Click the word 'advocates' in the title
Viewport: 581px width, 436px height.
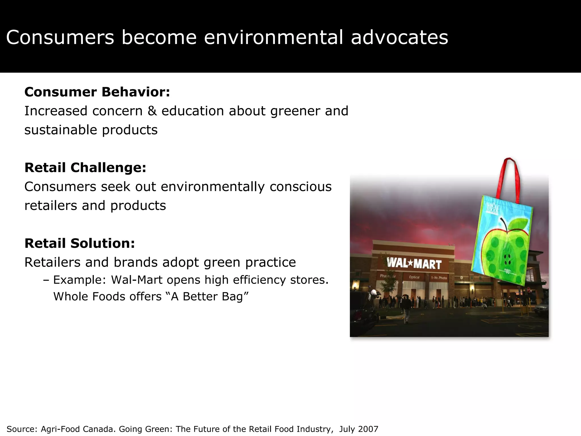pyautogui.click(x=399, y=37)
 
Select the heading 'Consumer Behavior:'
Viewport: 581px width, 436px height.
pyautogui.click(x=97, y=92)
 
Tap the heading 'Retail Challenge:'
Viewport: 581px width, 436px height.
pyautogui.click(x=85, y=167)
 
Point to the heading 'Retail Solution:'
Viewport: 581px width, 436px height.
pyautogui.click(x=79, y=243)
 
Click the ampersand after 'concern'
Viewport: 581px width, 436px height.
pyautogui.click(x=152, y=111)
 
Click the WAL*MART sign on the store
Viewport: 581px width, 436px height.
pyautogui.click(x=414, y=264)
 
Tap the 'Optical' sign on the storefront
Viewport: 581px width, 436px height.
pyautogui.click(x=414, y=277)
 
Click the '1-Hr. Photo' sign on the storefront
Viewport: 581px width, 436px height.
pyautogui.click(x=439, y=278)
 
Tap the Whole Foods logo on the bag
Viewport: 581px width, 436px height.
pyautogui.click(x=492, y=209)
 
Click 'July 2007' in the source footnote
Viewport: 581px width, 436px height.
pyautogui.click(x=359, y=429)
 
